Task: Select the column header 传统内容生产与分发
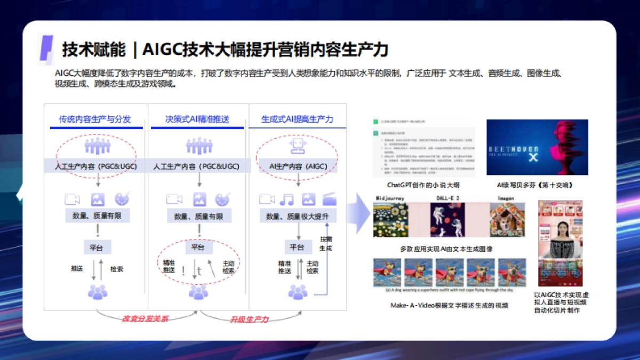coord(94,119)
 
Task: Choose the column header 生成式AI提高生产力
coord(297,119)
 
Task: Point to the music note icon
coord(287,199)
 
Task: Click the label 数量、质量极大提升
coord(298,216)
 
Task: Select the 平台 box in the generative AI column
coord(297,247)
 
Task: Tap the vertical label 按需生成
coord(325,244)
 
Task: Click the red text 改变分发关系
coord(145,318)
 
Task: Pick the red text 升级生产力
coord(249,319)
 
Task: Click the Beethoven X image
coord(537,147)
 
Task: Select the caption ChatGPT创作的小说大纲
coord(423,185)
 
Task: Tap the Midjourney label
coord(390,198)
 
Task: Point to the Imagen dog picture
coord(507,220)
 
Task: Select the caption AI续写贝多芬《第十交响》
coord(538,185)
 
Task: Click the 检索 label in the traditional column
coord(116,269)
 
